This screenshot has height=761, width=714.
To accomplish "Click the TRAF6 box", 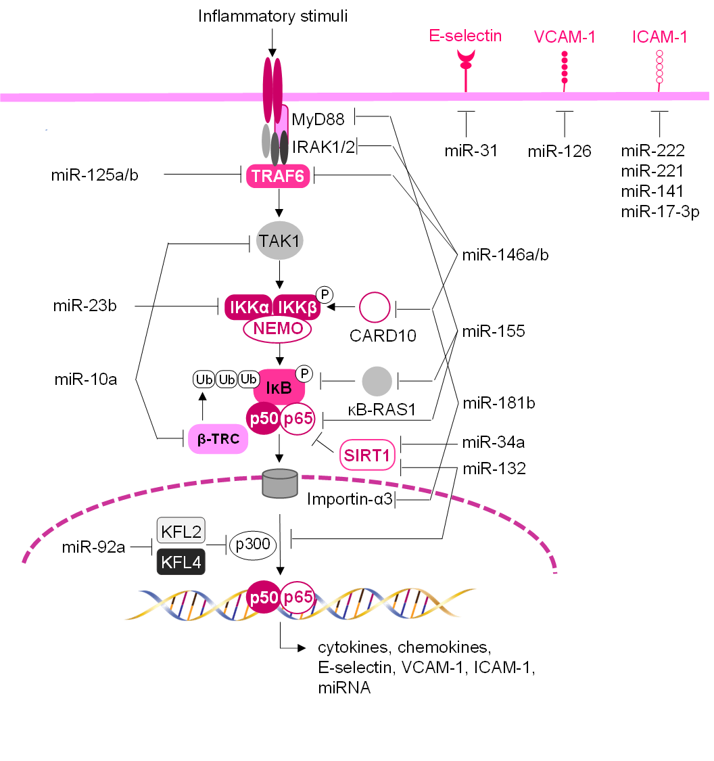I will (x=278, y=177).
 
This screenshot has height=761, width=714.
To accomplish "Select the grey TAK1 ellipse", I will (x=280, y=240).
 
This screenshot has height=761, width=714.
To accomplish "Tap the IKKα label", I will (x=249, y=308).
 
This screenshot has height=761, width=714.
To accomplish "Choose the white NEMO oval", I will (x=277, y=329).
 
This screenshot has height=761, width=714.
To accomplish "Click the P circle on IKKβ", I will (x=325, y=294).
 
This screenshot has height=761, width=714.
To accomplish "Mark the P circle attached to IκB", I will (x=304, y=373).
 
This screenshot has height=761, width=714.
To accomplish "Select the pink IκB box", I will (x=279, y=388).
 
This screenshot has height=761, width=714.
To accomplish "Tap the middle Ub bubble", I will (x=227, y=379).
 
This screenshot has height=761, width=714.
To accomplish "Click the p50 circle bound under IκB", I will (x=264, y=419).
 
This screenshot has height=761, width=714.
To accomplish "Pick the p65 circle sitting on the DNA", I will (x=297, y=597).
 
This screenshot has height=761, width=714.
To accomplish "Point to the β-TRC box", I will (x=218, y=439).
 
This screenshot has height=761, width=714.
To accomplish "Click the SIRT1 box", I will (x=367, y=456).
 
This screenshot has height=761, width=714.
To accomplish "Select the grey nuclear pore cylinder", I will (x=280, y=484).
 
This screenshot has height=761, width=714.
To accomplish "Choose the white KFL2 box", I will (x=181, y=531).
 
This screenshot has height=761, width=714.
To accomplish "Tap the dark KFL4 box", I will (x=181, y=561).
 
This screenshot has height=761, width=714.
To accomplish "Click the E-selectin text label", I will (x=465, y=36).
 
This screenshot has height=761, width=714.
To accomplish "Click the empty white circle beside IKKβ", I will (x=375, y=308).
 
